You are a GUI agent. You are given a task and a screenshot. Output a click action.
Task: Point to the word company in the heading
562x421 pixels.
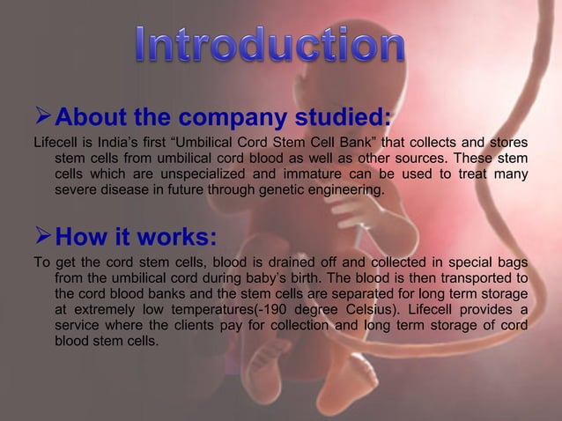pos(217,116)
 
